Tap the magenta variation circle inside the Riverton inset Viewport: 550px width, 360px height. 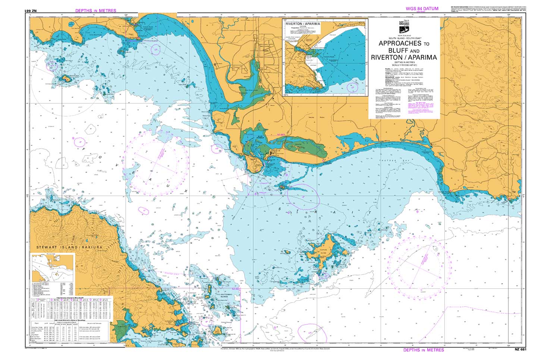point(351,88)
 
